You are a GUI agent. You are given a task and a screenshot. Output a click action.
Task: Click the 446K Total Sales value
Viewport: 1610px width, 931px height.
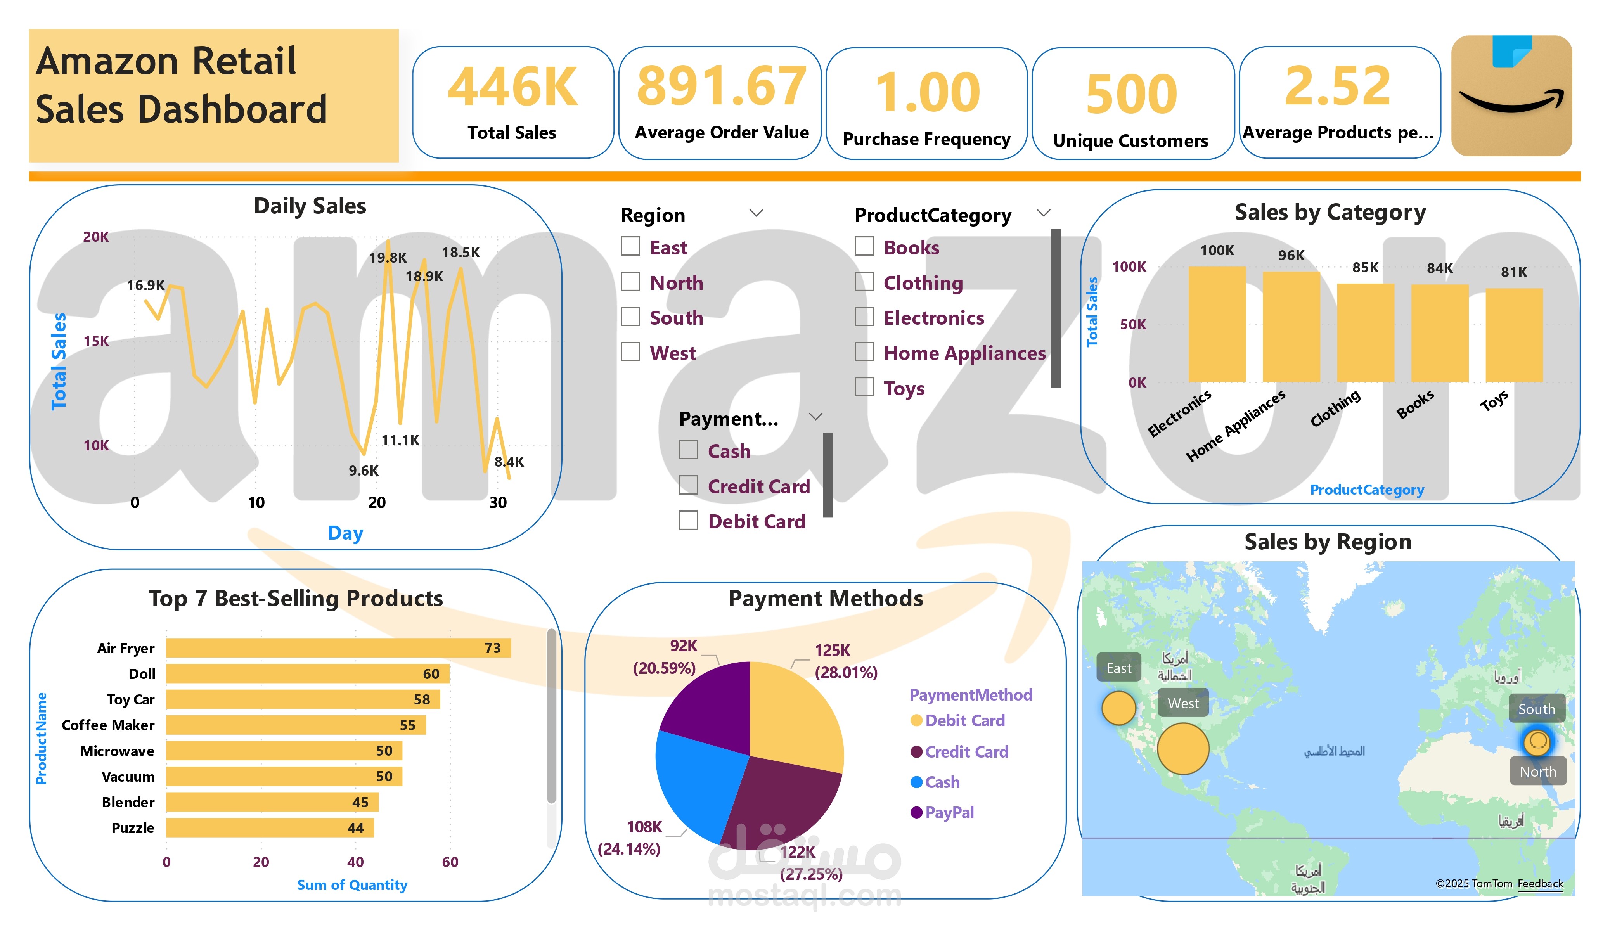point(512,88)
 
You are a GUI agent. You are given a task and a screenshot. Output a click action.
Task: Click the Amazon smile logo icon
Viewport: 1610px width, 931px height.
point(1511,96)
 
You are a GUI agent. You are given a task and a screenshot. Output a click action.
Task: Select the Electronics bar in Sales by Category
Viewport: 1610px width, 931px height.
point(1217,324)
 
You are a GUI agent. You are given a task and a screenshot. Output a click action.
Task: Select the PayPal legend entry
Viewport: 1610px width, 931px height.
point(949,812)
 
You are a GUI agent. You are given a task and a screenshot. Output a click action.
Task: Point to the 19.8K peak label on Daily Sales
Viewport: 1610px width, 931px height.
point(388,258)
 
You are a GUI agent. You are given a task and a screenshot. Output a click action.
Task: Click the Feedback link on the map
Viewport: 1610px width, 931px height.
point(1540,884)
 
